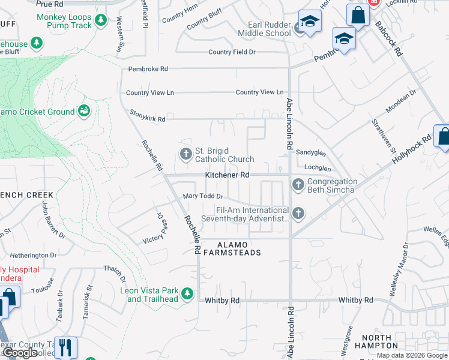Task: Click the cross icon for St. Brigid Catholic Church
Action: (x=186, y=154)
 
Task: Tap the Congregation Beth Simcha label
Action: (x=332, y=186)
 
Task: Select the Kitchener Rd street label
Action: (x=227, y=175)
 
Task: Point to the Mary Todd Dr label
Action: (x=203, y=196)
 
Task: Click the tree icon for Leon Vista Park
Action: (x=188, y=293)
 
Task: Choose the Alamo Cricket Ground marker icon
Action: (x=84, y=111)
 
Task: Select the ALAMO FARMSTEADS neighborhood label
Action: (x=239, y=248)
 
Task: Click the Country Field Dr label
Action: (x=232, y=52)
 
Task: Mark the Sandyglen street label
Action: (x=311, y=153)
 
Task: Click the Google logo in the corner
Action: (x=20, y=353)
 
